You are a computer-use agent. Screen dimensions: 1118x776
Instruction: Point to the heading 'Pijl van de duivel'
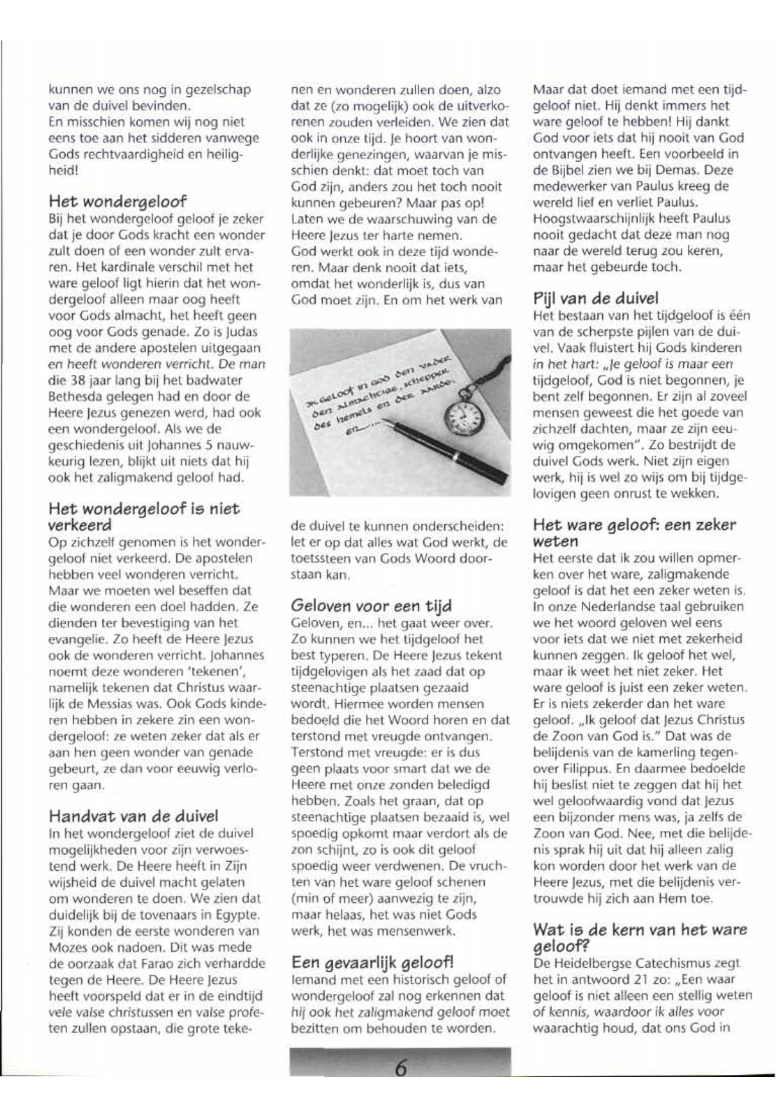click(596, 298)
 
